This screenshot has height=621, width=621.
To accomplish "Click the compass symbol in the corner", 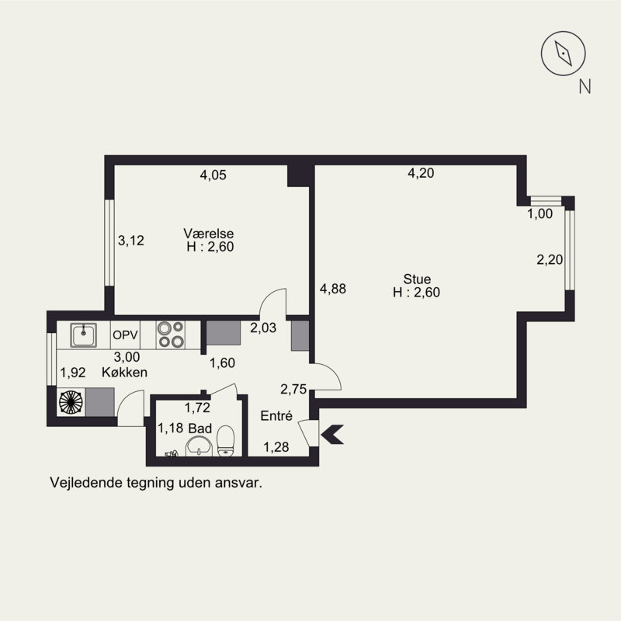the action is [x=564, y=54].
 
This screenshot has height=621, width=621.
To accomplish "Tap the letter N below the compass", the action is [x=585, y=86].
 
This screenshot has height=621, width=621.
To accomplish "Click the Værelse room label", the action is [x=208, y=233].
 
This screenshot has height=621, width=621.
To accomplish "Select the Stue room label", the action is [x=417, y=279].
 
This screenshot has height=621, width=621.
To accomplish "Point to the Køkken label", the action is [x=124, y=373].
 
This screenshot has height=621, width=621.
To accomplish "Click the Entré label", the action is [x=276, y=415].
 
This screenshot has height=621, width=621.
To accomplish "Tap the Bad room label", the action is [x=200, y=428].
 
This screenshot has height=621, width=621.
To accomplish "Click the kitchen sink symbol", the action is [x=84, y=335].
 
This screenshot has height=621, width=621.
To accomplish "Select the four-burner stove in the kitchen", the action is [x=171, y=335].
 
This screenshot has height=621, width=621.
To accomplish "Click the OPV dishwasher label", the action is [x=125, y=335].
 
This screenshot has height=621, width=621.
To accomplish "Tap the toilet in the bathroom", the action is [x=226, y=441].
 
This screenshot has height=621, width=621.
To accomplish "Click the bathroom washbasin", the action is [x=199, y=446].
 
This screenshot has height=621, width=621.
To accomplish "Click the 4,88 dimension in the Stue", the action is [x=333, y=289].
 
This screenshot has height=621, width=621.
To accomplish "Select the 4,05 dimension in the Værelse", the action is [x=213, y=175].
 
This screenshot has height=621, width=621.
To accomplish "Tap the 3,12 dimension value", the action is [x=131, y=241].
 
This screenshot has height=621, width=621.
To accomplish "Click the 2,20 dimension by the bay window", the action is [x=550, y=259].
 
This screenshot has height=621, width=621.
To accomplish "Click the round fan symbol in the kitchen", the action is [x=71, y=402].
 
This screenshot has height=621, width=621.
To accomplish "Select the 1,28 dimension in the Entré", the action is [x=276, y=447].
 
